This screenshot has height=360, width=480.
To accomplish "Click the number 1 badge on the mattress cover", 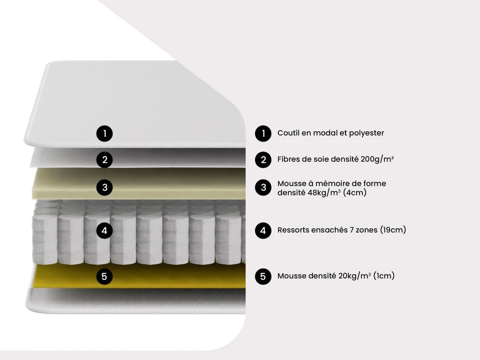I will pos(105,134).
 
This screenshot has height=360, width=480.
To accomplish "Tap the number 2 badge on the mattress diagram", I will pos(105,160).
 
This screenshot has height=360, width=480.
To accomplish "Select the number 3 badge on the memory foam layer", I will pos(105,188).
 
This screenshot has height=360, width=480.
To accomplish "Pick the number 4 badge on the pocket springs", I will pos(105,231).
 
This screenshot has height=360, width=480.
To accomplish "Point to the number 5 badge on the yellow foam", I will pos(105,277).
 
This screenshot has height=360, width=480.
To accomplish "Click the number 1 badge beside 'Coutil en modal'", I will pos(263,134).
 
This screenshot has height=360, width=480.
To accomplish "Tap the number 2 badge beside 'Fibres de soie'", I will pos(263,160).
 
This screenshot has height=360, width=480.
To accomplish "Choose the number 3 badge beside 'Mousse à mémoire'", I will pos(263,188).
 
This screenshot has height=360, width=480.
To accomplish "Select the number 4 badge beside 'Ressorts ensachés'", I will pos(263,231).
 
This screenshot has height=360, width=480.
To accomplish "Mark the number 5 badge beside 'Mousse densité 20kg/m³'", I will pos(263,277).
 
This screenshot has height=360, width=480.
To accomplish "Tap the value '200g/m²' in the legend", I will pos(377,159).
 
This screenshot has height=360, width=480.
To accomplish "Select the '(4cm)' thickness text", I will pos(354,193).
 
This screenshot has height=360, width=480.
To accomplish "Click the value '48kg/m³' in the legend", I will pos(324,193).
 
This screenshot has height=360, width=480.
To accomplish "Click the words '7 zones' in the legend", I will pos(363,230).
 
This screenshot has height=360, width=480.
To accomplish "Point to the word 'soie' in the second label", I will pos(320,159).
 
